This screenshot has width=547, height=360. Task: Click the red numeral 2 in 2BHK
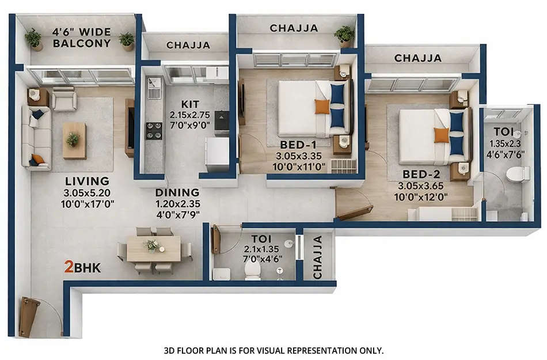(69, 267)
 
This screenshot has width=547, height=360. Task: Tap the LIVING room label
(87, 180)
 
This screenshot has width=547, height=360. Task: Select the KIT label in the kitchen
(190, 104)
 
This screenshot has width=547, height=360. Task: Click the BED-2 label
(418, 174)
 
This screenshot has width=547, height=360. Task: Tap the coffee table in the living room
(74, 140)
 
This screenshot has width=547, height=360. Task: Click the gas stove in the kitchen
(154, 130)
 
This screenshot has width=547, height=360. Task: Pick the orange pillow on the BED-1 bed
(322, 107)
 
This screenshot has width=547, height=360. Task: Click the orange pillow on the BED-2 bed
(442, 135)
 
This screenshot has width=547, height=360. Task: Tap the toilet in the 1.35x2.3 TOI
(517, 173)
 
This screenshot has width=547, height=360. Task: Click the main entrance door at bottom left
(29, 317)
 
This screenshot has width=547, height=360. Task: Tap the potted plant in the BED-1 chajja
(344, 35)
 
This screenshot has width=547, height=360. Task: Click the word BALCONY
(86, 43)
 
